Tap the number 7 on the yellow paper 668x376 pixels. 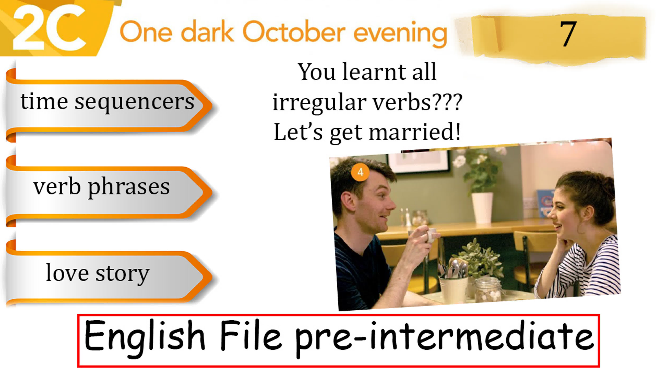(568, 34)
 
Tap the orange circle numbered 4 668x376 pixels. (360, 172)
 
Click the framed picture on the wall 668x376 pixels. (418, 162)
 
